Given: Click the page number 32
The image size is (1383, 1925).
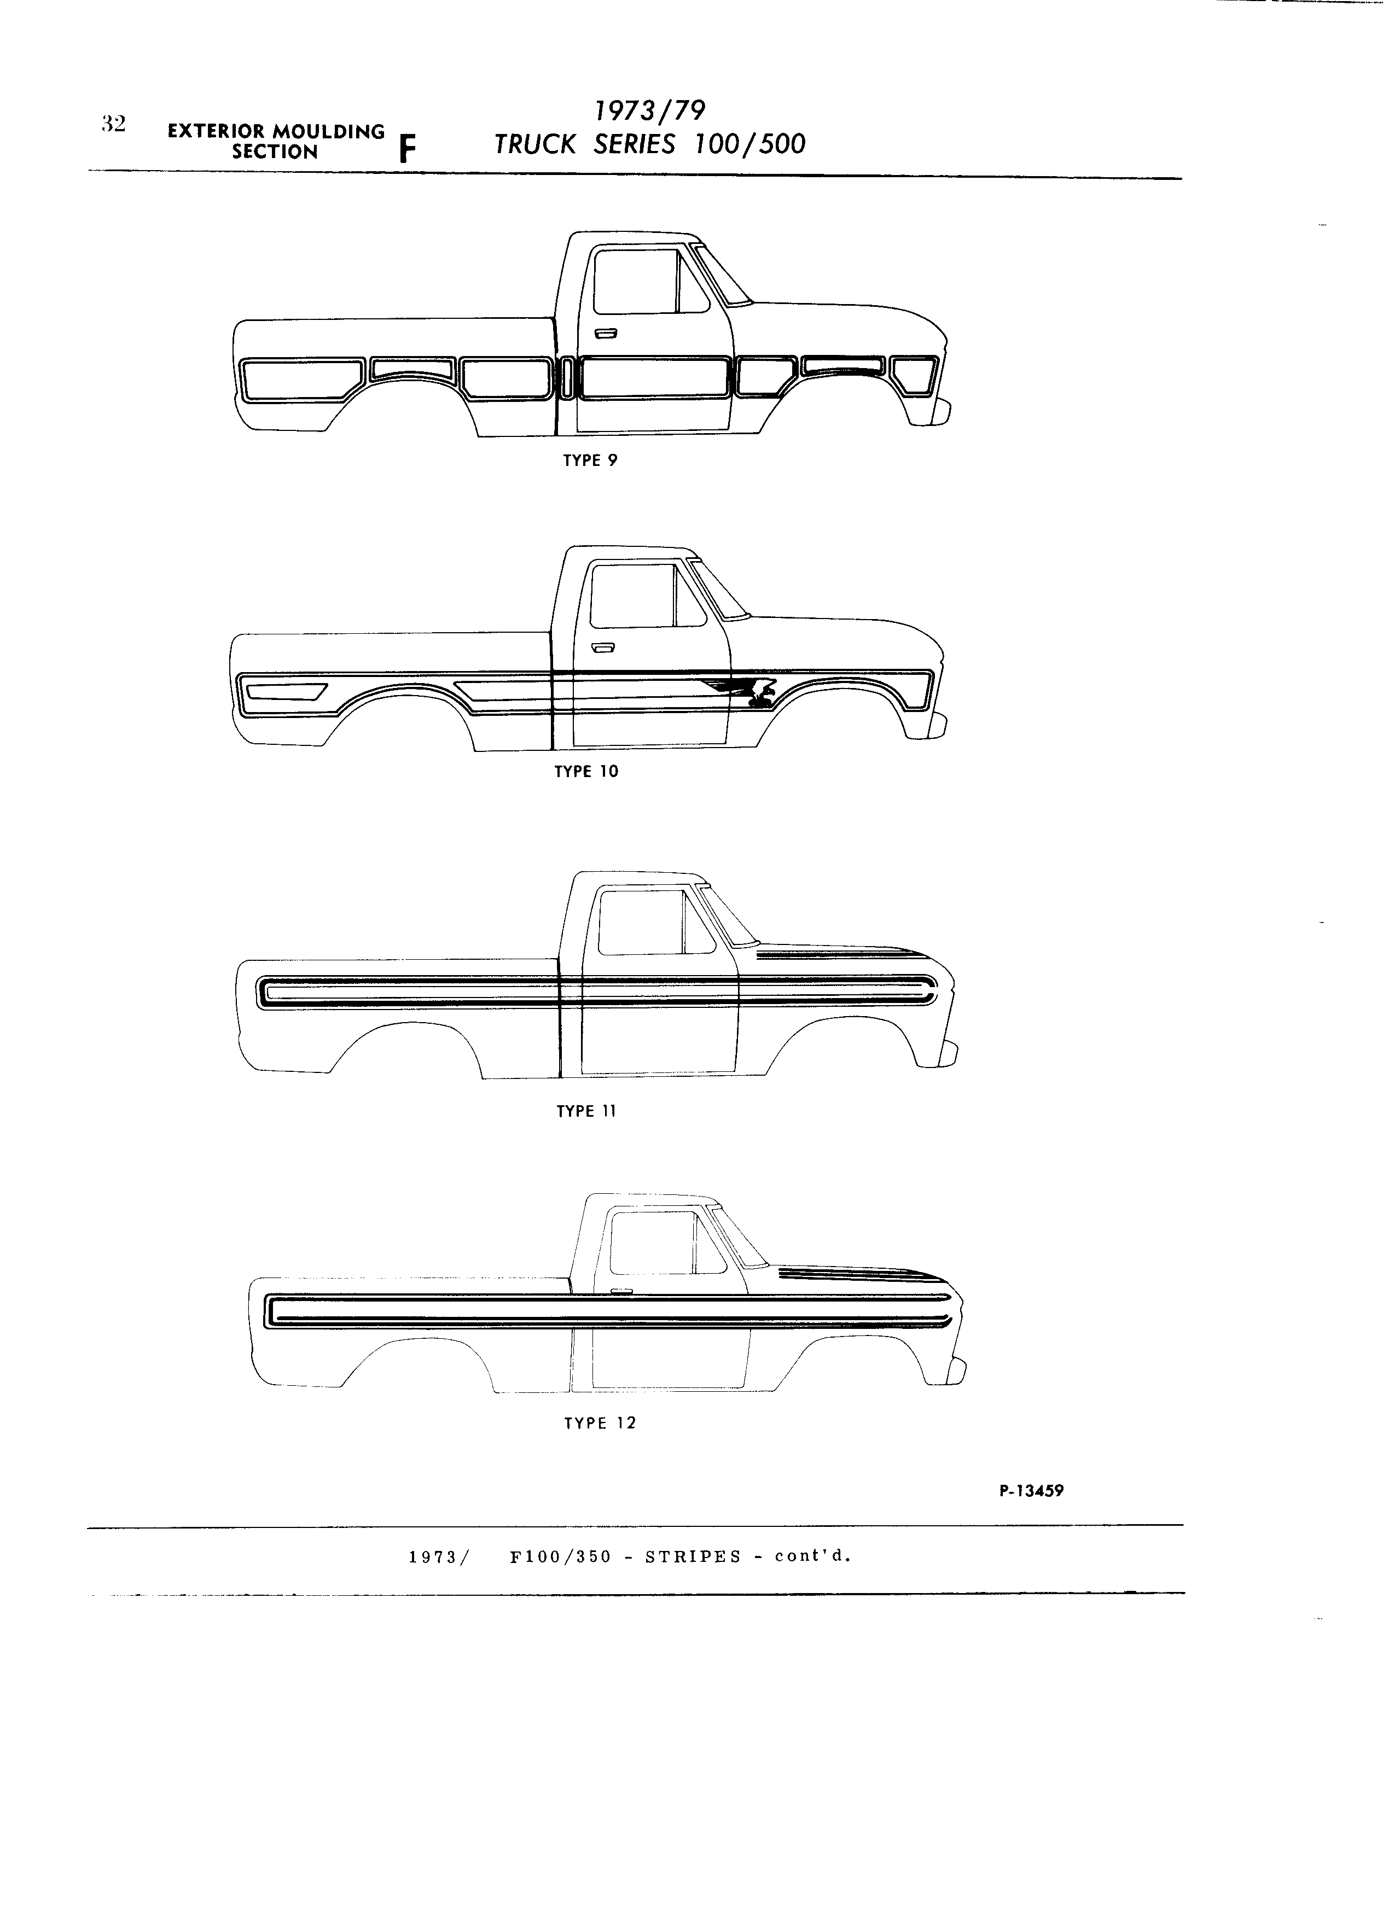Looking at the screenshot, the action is coord(113,124).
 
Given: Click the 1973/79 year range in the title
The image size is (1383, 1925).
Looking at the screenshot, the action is coord(649,110).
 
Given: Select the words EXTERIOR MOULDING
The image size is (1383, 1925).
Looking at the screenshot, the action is coord(276,132).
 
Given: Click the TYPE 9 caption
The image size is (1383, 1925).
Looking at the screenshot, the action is coord(590,461).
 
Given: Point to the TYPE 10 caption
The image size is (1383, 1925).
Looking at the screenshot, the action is coord(586,772).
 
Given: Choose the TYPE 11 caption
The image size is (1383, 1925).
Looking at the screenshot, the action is coord(586,1111).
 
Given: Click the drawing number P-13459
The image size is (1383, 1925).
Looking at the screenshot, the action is coord(1032,1490).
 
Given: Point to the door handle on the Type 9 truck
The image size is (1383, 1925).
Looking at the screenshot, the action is coord(605,334).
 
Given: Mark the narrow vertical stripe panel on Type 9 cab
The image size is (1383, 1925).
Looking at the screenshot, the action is coord(566,378).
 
